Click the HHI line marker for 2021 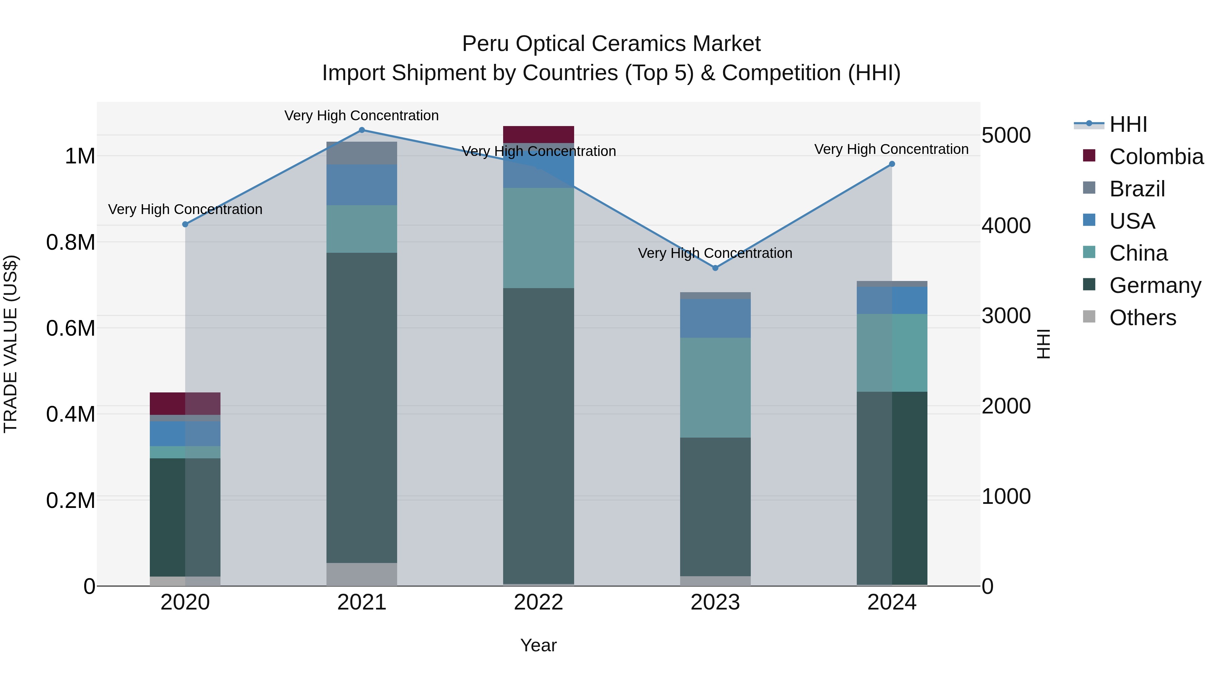[362, 130]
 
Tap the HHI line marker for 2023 [715, 268]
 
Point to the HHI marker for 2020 [185, 225]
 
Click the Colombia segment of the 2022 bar [538, 134]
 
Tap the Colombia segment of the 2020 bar [185, 404]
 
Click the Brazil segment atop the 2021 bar [362, 153]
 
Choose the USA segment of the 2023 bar [715, 318]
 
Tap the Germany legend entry [1155, 285]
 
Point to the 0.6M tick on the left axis [71, 328]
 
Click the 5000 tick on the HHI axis [1006, 135]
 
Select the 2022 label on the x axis [538, 602]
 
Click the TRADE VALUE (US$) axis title [11, 344]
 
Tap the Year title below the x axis [538, 645]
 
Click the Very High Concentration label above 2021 [362, 116]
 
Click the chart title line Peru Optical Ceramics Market [611, 44]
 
